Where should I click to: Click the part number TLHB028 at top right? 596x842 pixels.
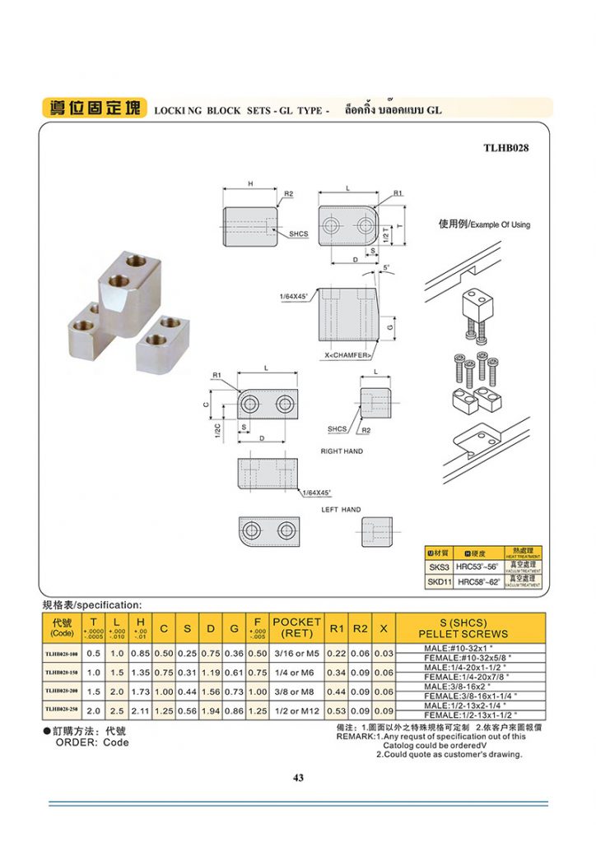(x=505, y=149)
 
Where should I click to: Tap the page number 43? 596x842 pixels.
(x=298, y=778)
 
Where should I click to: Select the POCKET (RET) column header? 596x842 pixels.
(x=296, y=628)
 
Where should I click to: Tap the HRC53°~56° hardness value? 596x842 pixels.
(x=477, y=567)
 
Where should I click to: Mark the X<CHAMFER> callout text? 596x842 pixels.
(x=349, y=355)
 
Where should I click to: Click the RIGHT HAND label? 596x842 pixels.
(x=342, y=451)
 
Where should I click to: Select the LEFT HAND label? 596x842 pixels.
(x=341, y=510)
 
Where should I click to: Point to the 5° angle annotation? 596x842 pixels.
(x=387, y=269)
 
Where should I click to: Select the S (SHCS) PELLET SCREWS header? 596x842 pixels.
(x=463, y=628)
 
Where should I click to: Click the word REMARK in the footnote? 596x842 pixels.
(x=355, y=737)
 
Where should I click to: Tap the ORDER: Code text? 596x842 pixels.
(x=92, y=743)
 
